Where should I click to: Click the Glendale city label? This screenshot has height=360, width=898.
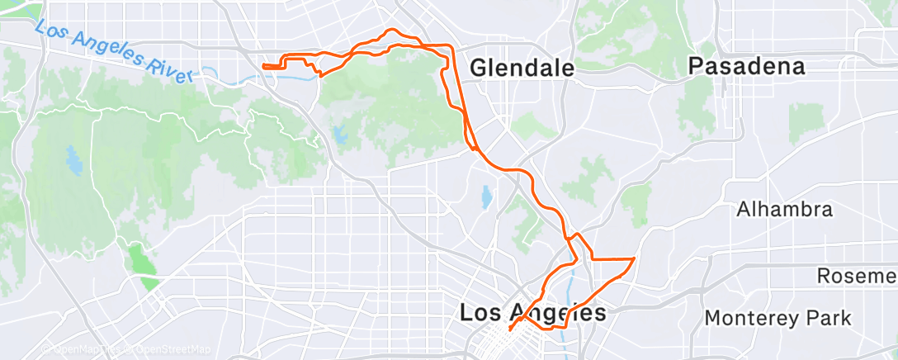522,69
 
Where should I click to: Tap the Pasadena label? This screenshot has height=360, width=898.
747,66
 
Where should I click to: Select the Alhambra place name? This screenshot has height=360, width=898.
785,211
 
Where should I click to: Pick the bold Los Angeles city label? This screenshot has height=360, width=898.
532,313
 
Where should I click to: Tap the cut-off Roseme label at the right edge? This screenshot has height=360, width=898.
857,275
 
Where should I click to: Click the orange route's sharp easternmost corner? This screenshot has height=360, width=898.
634,259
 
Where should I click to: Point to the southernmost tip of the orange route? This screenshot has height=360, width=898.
509,329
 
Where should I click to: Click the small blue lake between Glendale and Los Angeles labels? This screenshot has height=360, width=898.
486,197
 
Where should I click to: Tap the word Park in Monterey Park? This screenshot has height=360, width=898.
830,317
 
